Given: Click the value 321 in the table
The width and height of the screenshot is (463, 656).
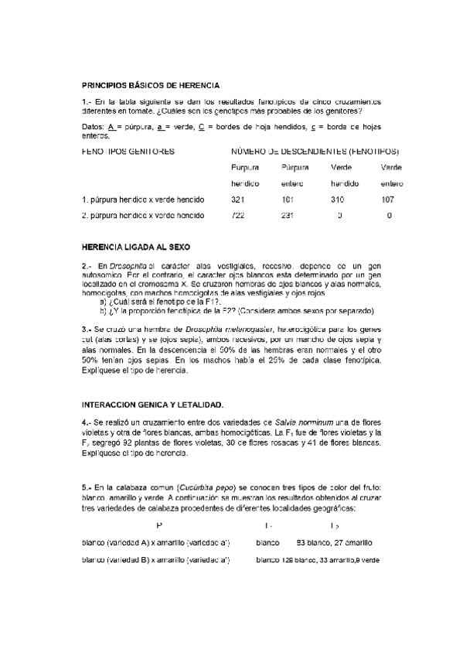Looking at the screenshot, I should pos(238,200).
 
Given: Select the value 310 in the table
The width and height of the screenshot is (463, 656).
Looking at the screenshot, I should pos(338,200).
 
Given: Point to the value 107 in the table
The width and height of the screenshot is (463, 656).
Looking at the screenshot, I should pos(389,200).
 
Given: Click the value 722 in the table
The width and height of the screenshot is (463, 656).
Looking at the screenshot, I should pos(238,215).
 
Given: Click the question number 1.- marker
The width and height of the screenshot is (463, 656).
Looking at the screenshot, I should pos(87,101).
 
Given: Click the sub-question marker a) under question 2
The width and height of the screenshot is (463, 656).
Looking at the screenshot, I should pos(104,302).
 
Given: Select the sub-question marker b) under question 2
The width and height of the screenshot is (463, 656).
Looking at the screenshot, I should pos(104,310).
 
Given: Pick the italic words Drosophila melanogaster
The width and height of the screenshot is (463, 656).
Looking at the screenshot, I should pos(222,330).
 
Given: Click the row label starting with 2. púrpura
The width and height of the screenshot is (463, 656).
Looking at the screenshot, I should pos(143,215).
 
